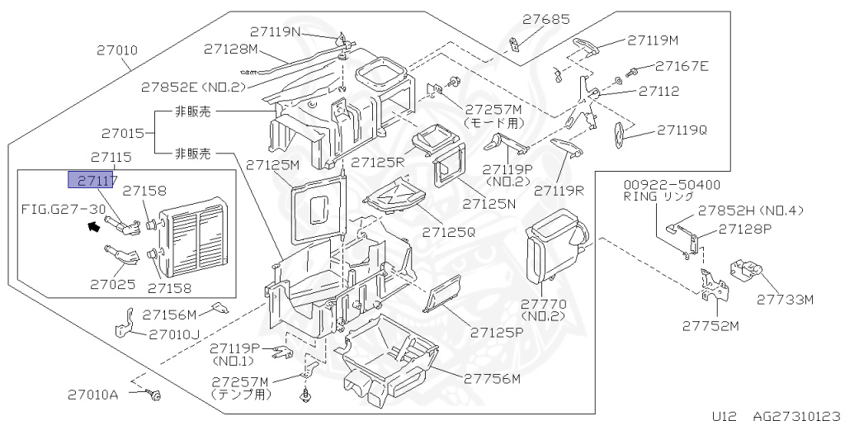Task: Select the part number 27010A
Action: click(x=92, y=395)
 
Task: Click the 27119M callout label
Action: click(x=652, y=39)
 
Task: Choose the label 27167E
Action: click(x=682, y=66)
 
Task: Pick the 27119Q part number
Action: click(x=682, y=130)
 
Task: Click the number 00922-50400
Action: click(x=671, y=185)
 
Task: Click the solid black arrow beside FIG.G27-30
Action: click(x=93, y=224)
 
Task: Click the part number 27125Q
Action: click(x=449, y=233)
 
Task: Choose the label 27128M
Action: click(x=231, y=49)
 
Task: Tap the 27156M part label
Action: click(x=169, y=314)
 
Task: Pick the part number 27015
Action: click(x=123, y=132)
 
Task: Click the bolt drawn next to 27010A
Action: click(x=154, y=396)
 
